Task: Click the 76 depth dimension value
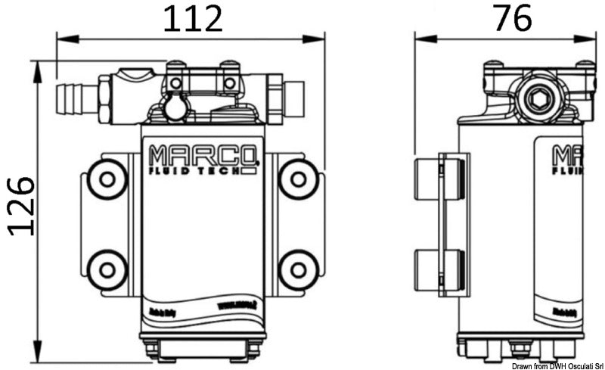(512, 18)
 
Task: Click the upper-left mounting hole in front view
(107, 179)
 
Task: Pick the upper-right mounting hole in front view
(298, 179)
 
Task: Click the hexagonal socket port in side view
(538, 96)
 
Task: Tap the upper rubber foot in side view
(439, 179)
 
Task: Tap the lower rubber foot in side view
(439, 270)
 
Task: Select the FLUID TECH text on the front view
(198, 172)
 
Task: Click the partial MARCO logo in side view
(567, 156)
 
